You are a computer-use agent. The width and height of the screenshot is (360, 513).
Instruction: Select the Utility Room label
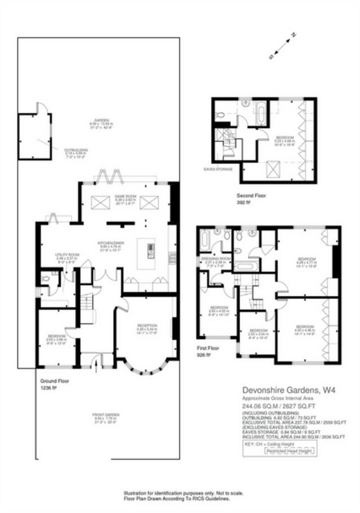(x=66, y=255)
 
